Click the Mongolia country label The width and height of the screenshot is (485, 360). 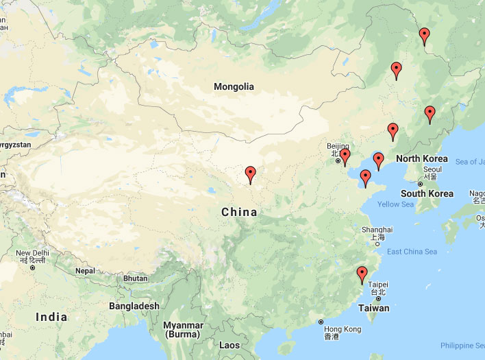point(234,87)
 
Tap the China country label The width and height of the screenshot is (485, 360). point(239,213)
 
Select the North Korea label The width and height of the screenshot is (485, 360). point(421,159)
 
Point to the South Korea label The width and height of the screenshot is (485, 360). point(427,194)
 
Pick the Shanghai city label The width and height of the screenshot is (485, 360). point(377,230)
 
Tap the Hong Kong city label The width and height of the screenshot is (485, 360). point(342,330)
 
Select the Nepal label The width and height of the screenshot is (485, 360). point(85,271)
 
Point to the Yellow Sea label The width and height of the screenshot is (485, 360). point(396,204)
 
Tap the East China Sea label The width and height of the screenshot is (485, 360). point(412,252)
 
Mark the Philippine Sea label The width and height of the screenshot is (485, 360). point(462,345)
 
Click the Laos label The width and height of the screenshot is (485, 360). point(229,345)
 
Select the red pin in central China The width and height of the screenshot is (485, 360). point(250,174)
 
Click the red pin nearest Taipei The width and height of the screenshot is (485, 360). point(362,275)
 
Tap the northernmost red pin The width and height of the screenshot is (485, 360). point(425,35)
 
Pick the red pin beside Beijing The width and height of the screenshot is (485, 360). point(345,157)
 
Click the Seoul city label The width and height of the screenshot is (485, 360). point(432,169)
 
